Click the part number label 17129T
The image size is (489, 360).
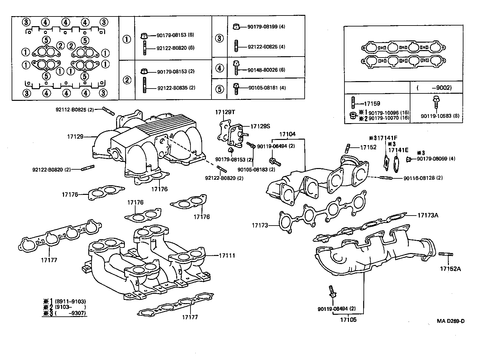click(x=225, y=112)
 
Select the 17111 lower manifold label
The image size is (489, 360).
click(x=227, y=256)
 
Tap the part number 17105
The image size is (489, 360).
click(x=348, y=320)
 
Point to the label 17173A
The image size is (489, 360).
click(x=428, y=215)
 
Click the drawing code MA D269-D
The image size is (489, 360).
click(x=451, y=321)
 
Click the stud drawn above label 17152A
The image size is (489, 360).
click(x=446, y=255)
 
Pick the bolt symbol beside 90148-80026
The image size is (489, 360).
click(x=236, y=68)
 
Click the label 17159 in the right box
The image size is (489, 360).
click(x=372, y=104)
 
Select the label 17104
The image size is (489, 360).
click(x=288, y=134)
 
